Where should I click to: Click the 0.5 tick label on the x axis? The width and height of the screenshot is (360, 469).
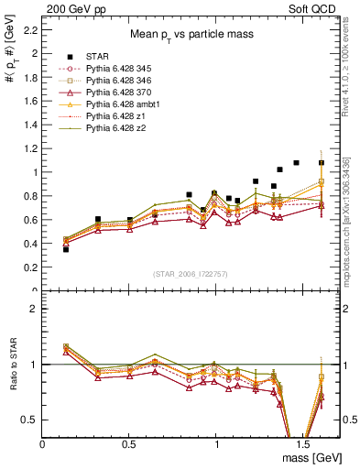click(128, 442)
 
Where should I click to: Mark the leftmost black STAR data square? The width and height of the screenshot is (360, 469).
click(65, 248)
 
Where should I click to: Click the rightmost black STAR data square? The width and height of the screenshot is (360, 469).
click(322, 163)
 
